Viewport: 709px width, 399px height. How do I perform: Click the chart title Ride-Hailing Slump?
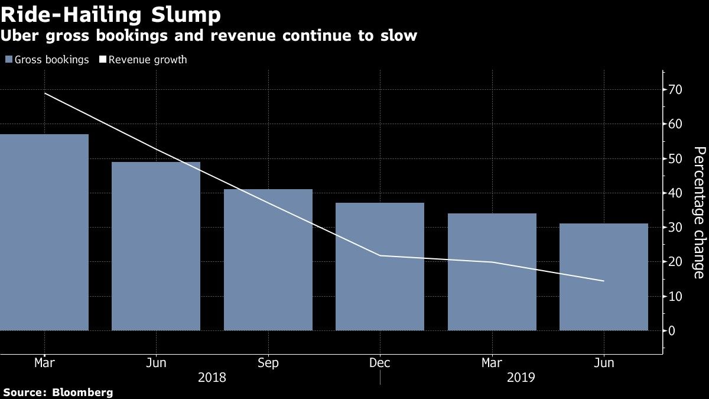(112, 14)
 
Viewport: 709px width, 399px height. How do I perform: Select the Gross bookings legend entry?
(47, 60)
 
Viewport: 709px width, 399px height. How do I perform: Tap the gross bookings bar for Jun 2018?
(156, 246)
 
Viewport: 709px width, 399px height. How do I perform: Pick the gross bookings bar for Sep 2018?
(268, 259)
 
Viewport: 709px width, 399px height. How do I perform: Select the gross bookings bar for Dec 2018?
(380, 267)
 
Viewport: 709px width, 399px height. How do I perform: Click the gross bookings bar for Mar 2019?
(492, 272)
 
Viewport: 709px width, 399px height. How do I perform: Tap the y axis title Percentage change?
(698, 212)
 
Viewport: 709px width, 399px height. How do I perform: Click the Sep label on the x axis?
(268, 363)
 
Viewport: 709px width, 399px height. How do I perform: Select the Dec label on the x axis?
(380, 363)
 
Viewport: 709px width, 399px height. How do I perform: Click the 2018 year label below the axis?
(212, 377)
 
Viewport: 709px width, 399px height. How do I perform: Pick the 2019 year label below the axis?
(520, 377)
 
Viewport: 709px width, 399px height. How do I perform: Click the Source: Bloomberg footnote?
(58, 392)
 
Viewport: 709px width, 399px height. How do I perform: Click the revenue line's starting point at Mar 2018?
(45, 93)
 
